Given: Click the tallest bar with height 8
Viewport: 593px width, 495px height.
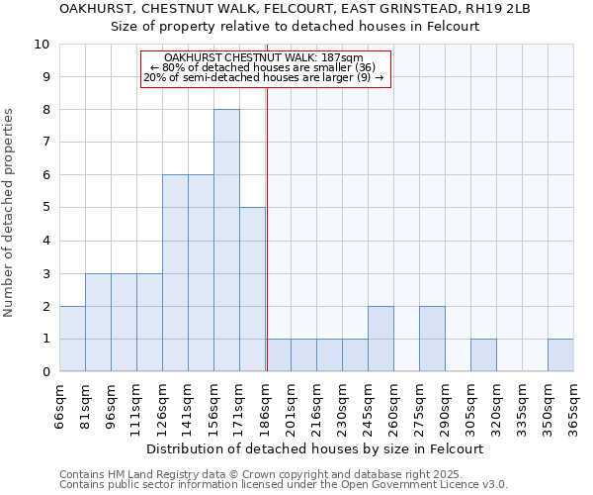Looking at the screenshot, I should click(x=226, y=241).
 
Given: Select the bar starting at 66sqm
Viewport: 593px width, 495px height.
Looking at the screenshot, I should click(x=72, y=339).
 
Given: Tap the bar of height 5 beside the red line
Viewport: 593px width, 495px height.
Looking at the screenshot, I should click(x=252, y=289).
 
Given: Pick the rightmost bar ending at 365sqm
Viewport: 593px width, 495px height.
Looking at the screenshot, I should click(x=560, y=355).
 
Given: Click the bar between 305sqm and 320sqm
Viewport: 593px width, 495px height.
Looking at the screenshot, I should click(x=483, y=355).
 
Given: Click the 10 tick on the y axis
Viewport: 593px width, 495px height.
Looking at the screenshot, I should click(x=42, y=45).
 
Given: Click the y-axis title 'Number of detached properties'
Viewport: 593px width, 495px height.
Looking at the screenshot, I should click(x=10, y=213).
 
